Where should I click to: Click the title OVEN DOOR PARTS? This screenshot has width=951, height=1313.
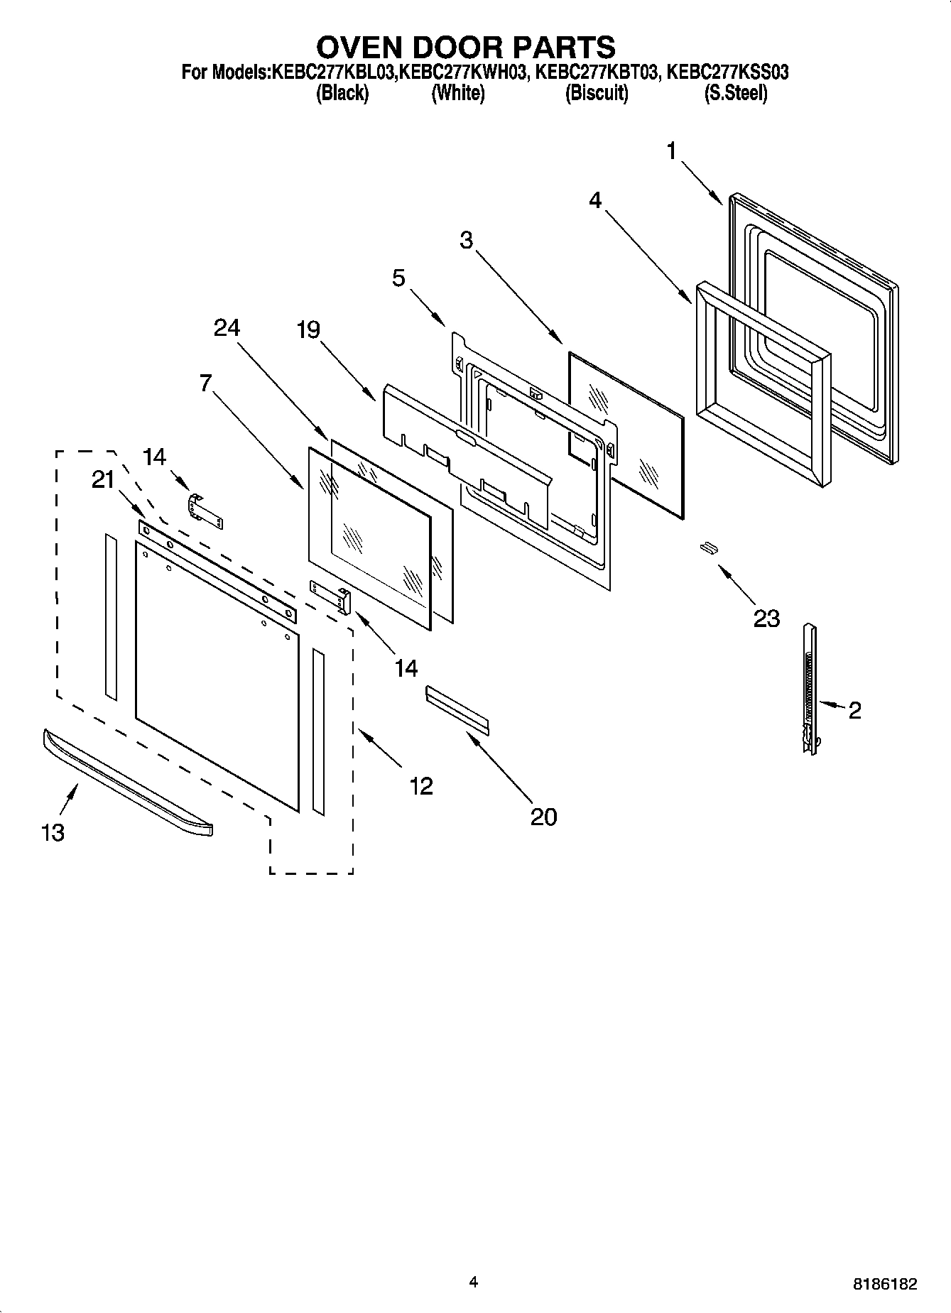pos(465,47)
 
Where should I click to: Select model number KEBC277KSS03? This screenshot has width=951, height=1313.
pos(727,72)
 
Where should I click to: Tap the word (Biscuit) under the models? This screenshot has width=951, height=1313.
pos(596,93)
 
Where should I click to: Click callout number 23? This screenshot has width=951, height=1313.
pos(766,619)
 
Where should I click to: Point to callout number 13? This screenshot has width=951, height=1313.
pos(53,832)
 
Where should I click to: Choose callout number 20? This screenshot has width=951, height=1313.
pos(543,817)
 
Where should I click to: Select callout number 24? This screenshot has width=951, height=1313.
pos(227,327)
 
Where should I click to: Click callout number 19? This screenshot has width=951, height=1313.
pos(308,329)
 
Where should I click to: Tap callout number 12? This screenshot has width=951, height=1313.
pos(421,786)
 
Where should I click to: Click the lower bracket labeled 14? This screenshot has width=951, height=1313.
pos(331,594)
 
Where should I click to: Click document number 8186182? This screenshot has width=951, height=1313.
pos(884,1284)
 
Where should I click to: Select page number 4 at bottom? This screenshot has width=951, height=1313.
pos(474,1282)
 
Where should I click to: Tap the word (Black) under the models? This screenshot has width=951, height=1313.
pos(342,93)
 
